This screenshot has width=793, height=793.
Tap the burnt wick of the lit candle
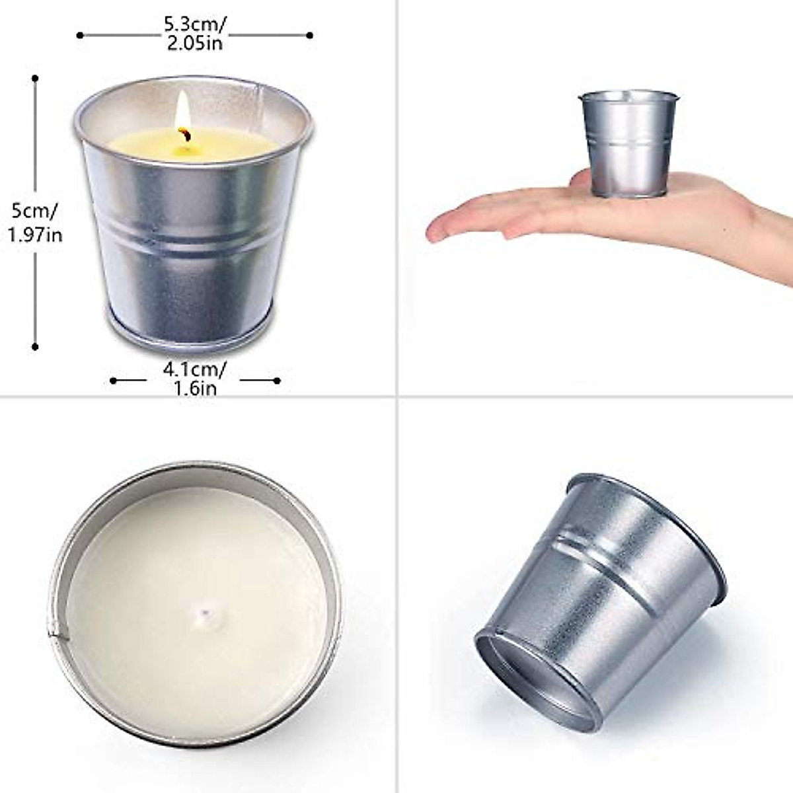187,135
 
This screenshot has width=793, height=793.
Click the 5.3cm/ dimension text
195,25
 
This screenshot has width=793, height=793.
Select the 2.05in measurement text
194,43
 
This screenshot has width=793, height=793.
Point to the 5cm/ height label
34,213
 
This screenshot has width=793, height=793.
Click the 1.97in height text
36,234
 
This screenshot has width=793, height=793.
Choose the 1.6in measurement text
195,389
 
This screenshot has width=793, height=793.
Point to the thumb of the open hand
529,228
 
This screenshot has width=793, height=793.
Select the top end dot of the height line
35,78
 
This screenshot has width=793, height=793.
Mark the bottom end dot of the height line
35,346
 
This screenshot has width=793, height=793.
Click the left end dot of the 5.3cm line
80,35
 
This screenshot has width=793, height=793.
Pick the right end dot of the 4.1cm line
277,381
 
